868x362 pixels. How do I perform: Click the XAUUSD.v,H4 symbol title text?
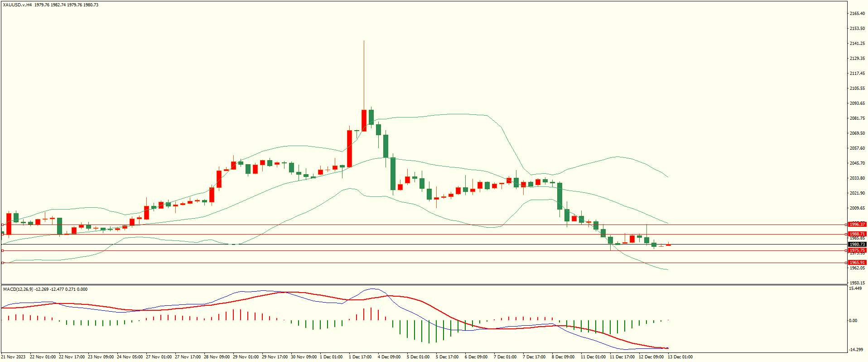point(17,5)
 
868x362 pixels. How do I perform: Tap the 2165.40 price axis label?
point(857,14)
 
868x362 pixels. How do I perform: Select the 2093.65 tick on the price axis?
point(857,103)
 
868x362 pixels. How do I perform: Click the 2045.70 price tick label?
point(857,163)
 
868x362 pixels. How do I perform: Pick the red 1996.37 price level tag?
point(857,225)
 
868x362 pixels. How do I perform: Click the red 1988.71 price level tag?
point(857,235)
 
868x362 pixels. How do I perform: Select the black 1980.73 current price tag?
point(857,245)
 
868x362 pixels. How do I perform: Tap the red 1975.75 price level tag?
point(857,250)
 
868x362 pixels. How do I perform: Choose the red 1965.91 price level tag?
point(857,263)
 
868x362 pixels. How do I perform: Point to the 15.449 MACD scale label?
point(855,289)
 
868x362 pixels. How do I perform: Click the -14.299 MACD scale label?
point(855,350)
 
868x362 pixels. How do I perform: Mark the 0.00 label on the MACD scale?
point(853,321)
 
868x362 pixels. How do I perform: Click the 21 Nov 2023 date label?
point(14,357)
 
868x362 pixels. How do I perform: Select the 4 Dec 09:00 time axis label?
point(389,357)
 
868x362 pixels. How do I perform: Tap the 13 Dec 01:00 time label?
point(680,357)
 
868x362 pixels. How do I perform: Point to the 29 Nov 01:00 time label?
point(246,357)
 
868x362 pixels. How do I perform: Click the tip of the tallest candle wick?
point(364,41)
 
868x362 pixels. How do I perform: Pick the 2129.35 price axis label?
point(857,59)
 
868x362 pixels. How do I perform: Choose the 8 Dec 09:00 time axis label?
point(563,357)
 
